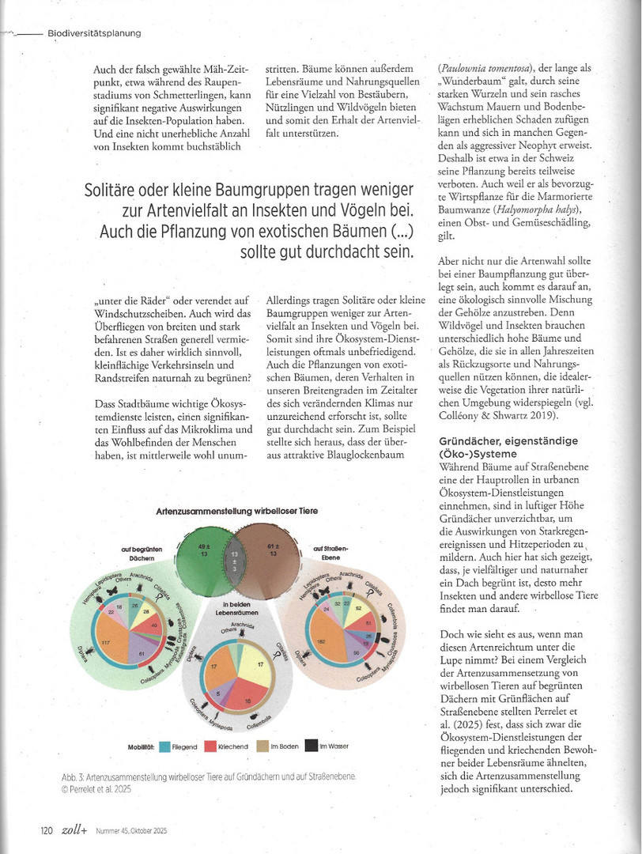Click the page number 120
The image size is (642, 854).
pyautogui.click(x=47, y=830)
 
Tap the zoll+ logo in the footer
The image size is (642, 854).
pyautogui.click(x=74, y=829)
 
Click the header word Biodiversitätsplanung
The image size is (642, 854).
pyautogui.click(x=94, y=33)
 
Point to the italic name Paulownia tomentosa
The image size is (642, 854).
pyautogui.click(x=484, y=66)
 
